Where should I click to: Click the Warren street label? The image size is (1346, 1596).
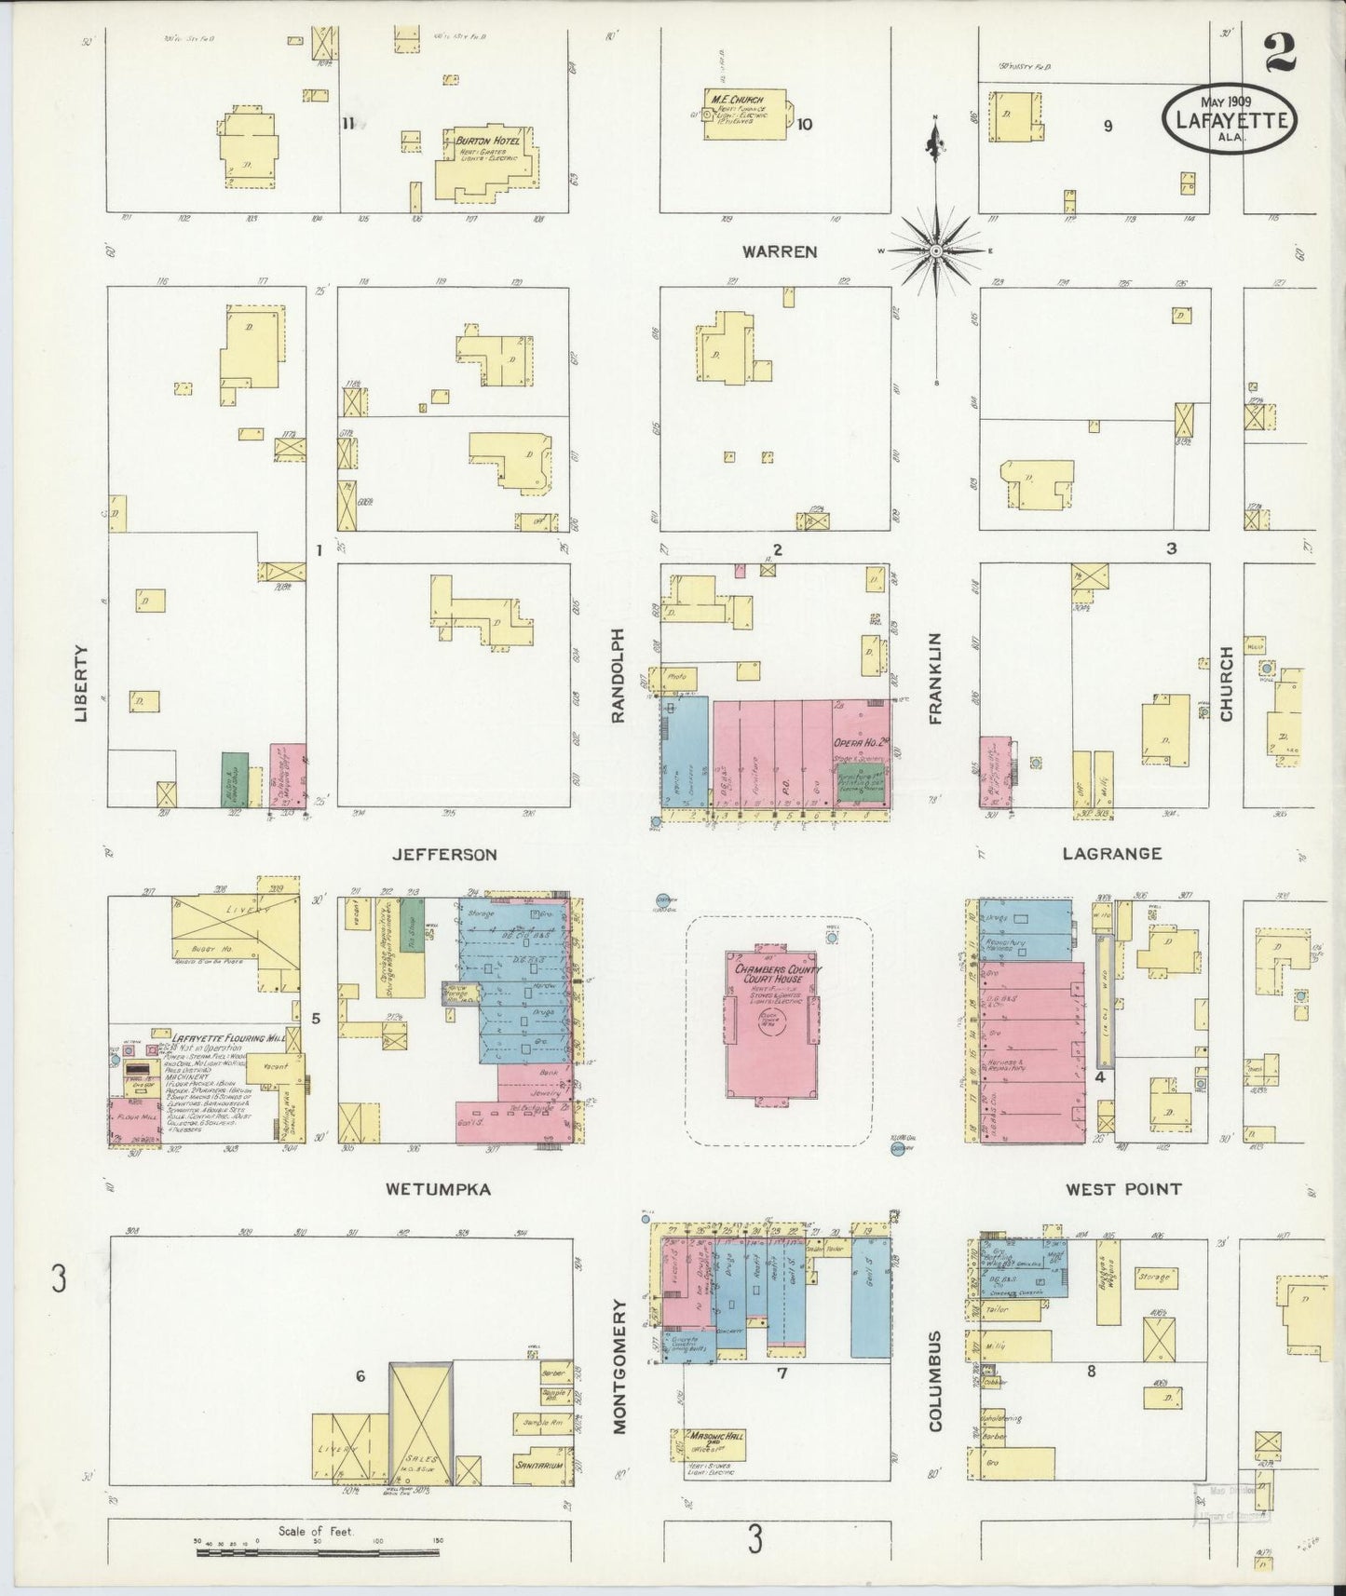(780, 251)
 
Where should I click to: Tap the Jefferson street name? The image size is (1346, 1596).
(444, 854)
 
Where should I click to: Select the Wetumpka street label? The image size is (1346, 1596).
(439, 1189)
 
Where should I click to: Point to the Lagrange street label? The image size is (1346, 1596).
(1110, 853)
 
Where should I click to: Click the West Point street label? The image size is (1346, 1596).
(1123, 1189)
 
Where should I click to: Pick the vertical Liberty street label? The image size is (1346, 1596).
(82, 683)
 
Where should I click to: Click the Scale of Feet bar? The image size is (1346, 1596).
(317, 1552)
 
